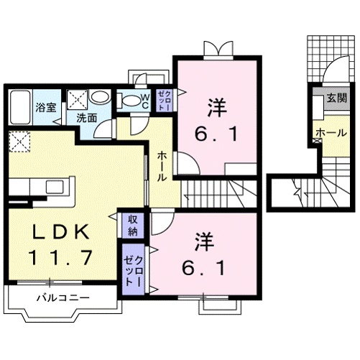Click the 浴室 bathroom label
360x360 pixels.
(x=45, y=109)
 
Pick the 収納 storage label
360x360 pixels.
(x=132, y=226)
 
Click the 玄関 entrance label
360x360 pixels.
(x=335, y=98)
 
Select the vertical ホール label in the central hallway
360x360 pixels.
(x=162, y=165)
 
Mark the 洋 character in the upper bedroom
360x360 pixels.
(x=214, y=108)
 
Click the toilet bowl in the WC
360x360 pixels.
(x=130, y=101)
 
